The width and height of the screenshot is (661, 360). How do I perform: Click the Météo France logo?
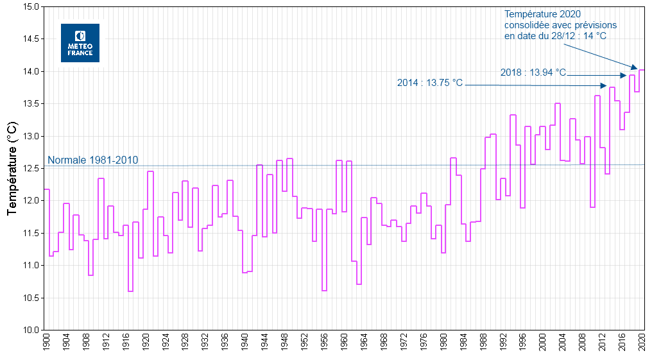80,43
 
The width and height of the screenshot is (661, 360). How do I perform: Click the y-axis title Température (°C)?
12,168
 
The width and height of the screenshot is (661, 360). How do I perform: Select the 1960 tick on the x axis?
344,343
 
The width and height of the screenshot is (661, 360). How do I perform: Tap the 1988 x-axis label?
483,343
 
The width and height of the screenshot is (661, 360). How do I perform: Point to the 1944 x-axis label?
264,343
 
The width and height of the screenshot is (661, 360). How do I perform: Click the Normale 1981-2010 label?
92,160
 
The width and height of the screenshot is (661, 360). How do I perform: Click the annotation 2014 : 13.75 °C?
429,83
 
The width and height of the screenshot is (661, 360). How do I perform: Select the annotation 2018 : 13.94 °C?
533,73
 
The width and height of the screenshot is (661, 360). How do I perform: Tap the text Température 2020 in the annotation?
542,14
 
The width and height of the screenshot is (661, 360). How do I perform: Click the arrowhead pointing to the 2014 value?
604,86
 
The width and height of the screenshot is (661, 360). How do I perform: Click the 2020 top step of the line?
642,70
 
